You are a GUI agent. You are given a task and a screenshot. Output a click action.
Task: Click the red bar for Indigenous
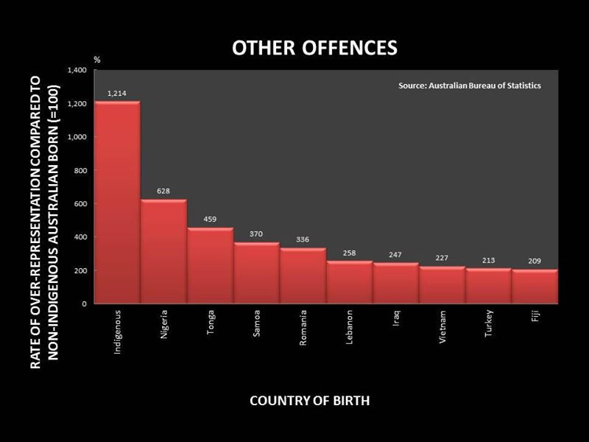click(117, 202)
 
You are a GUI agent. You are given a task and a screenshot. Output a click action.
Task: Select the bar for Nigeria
click(163, 251)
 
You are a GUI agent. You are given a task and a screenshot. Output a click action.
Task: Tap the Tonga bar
click(211, 265)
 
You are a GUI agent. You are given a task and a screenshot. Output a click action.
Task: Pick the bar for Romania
click(303, 276)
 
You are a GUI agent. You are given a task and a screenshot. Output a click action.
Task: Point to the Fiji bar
click(535, 287)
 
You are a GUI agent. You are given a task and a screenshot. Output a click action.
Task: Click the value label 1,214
click(117, 94)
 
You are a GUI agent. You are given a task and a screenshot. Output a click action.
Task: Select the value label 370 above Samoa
click(255, 234)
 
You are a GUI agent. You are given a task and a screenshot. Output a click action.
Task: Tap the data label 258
click(349, 253)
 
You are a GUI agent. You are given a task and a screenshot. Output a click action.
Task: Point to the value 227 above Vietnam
click(442, 258)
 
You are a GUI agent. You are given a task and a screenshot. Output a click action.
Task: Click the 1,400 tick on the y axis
click(77, 70)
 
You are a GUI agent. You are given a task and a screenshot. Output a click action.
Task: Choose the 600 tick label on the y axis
click(80, 204)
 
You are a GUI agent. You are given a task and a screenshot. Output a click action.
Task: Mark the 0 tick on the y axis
click(85, 304)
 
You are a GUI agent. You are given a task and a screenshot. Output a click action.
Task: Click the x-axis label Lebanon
click(349, 327)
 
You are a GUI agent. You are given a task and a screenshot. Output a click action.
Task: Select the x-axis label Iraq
click(396, 318)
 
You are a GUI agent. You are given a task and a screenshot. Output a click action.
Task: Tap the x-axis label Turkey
click(488, 323)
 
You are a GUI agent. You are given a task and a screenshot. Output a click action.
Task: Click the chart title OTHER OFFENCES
click(315, 48)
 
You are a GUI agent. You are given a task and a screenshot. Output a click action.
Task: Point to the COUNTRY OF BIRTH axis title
click(309, 401)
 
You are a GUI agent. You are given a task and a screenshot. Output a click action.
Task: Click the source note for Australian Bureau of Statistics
click(470, 85)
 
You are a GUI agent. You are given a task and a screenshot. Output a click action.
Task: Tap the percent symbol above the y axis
click(97, 60)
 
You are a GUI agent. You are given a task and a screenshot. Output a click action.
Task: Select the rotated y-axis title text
click(45, 222)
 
